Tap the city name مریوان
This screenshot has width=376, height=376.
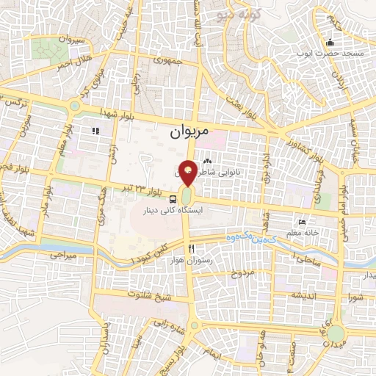189,131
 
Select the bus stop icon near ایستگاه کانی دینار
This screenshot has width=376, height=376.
173,198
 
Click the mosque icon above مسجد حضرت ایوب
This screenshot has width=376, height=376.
330,41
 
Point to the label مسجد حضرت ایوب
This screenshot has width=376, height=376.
330,54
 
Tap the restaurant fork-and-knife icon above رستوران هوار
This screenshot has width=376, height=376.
191,250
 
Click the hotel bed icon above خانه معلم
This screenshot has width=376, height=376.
302,223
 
